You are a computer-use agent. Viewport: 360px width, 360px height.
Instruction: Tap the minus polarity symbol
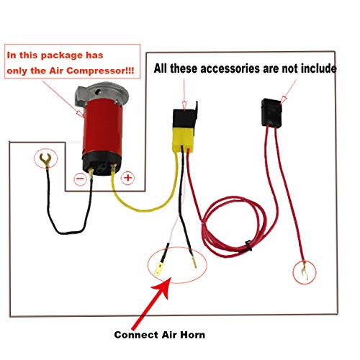(x=80, y=179)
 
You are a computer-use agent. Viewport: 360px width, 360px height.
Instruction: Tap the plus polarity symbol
(x=127, y=178)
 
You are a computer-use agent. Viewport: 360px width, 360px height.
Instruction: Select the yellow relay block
(x=183, y=139)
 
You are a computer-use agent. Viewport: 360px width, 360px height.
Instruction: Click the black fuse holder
(x=271, y=113)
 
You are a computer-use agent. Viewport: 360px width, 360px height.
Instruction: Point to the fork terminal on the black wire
(x=45, y=160)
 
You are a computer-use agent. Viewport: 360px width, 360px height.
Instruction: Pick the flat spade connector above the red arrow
(x=158, y=269)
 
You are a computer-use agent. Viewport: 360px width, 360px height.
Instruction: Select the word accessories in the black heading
(x=230, y=68)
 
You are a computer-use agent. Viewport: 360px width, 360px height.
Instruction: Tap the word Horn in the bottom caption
(x=193, y=335)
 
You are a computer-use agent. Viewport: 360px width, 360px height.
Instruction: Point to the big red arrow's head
(x=163, y=287)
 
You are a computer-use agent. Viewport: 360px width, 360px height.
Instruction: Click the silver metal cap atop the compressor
(x=102, y=94)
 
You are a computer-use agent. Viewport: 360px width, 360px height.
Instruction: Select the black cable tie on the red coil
(x=248, y=246)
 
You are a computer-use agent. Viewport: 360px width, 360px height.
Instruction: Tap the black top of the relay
(x=185, y=117)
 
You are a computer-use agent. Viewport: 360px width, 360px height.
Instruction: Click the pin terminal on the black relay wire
(x=194, y=262)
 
